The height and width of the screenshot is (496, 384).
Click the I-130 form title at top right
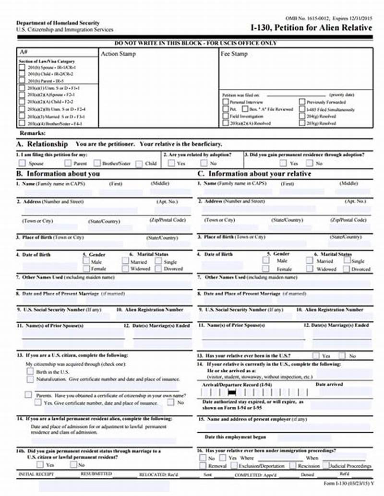pos(311,28)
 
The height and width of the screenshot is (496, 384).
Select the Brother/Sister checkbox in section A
pos(97,163)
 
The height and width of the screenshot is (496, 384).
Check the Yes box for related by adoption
pos(171,163)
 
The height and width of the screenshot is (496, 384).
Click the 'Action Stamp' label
pos(118,54)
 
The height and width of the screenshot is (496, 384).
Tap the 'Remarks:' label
pos(33,133)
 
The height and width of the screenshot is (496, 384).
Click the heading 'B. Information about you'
pos(58,173)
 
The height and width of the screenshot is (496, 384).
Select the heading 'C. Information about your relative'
pos(254,173)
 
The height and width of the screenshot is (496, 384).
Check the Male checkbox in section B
pos(86,261)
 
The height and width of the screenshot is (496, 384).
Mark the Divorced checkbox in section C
pos(346,269)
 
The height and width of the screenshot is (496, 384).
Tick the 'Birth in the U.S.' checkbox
pos(30,371)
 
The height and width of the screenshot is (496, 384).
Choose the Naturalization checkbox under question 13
pos(30,379)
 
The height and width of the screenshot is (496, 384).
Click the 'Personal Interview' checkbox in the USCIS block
pos(226,102)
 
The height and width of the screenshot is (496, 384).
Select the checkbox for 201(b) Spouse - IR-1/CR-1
pos(22,68)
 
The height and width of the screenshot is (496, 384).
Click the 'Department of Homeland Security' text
pos(58,23)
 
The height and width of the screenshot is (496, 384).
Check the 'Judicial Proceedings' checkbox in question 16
pos(326,465)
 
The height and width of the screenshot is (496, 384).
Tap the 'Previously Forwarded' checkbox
pos(302,102)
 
